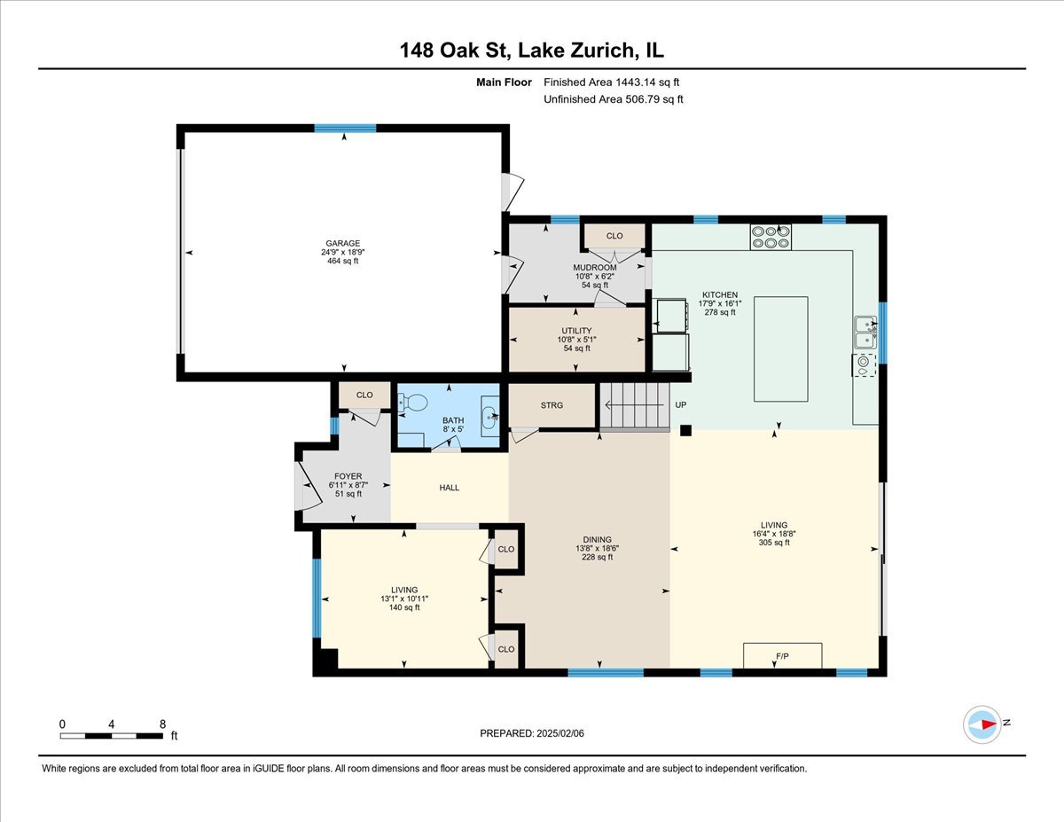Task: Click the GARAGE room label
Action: pos(342,243)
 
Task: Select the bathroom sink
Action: pos(489,417)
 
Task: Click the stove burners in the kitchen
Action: pos(771,237)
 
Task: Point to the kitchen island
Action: pos(780,349)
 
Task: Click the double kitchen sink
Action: pos(864,332)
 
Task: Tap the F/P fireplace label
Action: pos(782,656)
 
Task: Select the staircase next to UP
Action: pos(633,406)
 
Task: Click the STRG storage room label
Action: pos(552,406)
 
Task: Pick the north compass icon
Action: pos(983,724)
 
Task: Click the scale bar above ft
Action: pos(112,735)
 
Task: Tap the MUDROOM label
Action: pos(594,268)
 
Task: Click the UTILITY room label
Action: pos(576,331)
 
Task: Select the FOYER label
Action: pos(348,476)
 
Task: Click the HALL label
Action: pos(450,488)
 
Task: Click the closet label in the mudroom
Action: pos(614,236)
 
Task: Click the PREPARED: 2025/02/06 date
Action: pos(531,733)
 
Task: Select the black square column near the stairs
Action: pos(685,431)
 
